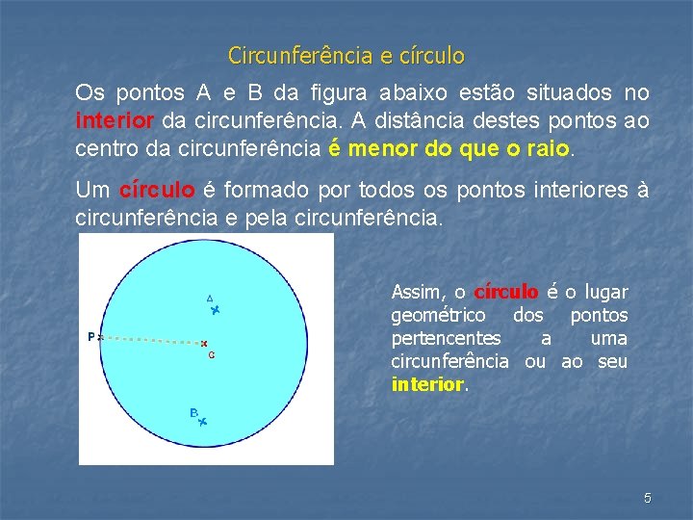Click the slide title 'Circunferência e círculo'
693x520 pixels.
point(346,56)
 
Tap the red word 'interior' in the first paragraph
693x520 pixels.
point(115,122)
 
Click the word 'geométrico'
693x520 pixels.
point(438,315)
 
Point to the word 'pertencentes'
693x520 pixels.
point(446,338)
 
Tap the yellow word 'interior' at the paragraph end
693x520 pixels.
point(427,384)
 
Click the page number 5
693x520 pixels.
point(648,498)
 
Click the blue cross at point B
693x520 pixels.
point(202,422)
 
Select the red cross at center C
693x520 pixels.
point(204,343)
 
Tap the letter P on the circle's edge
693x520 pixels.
point(90,337)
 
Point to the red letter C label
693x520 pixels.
point(211,355)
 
